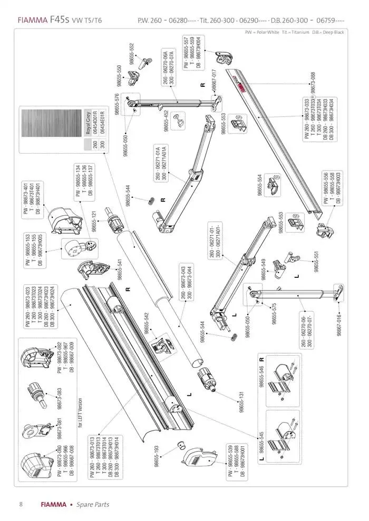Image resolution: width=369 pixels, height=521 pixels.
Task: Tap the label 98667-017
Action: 214,82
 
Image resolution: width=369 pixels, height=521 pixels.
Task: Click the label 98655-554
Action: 260,185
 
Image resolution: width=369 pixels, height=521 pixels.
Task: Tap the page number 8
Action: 21,504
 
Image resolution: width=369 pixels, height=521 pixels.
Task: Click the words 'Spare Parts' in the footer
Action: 93,504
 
